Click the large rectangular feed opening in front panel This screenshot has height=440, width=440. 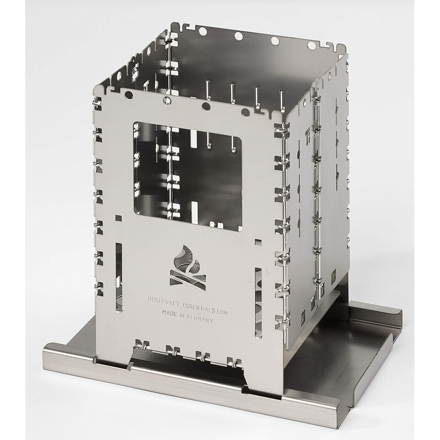(x=187, y=176)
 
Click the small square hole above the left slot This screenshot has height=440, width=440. (x=119, y=218)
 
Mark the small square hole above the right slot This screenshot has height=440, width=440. (x=258, y=242)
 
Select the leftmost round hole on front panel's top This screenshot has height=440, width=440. (x=128, y=95)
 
